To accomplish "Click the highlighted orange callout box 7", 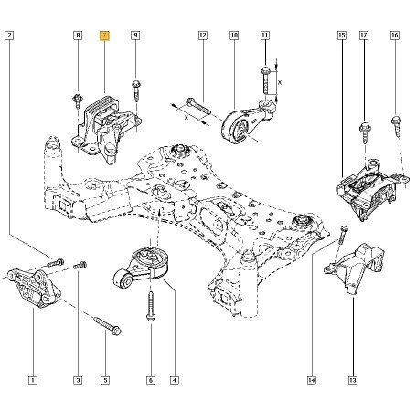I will (x=105, y=37).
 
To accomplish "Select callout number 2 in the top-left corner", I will (x=9, y=37).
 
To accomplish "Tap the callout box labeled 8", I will (x=78, y=37).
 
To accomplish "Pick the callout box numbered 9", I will (x=135, y=37).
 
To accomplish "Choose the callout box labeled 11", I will (x=265, y=37).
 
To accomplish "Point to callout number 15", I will (x=341, y=37).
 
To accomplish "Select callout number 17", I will (x=363, y=37).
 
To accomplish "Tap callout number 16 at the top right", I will (x=395, y=37).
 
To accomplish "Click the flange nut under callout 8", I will (x=77, y=97).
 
